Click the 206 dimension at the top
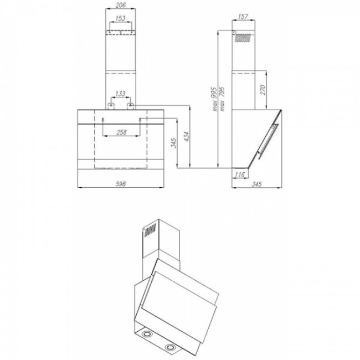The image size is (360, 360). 121,5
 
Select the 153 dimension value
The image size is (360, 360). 120,18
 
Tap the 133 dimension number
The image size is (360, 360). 120,94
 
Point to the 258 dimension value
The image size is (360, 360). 121,132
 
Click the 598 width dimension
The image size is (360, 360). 121,184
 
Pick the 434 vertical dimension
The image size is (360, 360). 187,137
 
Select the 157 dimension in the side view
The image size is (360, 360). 243,17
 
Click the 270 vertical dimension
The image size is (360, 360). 263,90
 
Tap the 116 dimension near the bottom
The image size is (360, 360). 239,174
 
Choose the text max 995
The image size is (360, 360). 214,99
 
